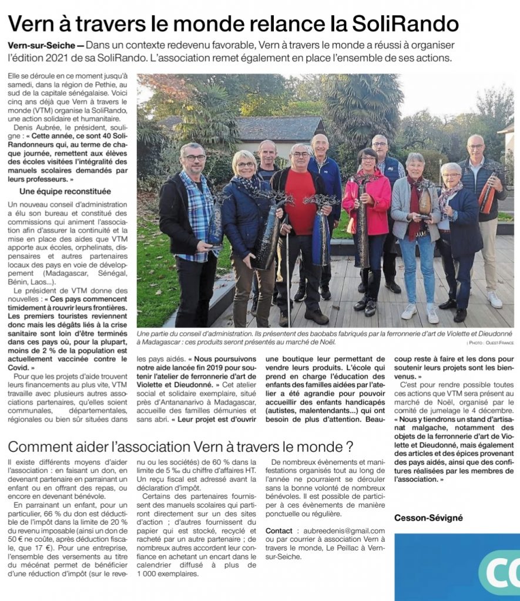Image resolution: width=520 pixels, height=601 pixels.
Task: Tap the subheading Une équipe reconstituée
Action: [x=65, y=191]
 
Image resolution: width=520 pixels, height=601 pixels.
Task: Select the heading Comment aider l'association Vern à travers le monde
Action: [x=180, y=447]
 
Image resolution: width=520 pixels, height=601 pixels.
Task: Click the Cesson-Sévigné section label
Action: [x=428, y=518]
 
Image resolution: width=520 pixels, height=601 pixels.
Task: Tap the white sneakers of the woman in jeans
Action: [x=420, y=312]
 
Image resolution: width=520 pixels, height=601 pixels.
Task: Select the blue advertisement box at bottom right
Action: [x=457, y=567]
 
